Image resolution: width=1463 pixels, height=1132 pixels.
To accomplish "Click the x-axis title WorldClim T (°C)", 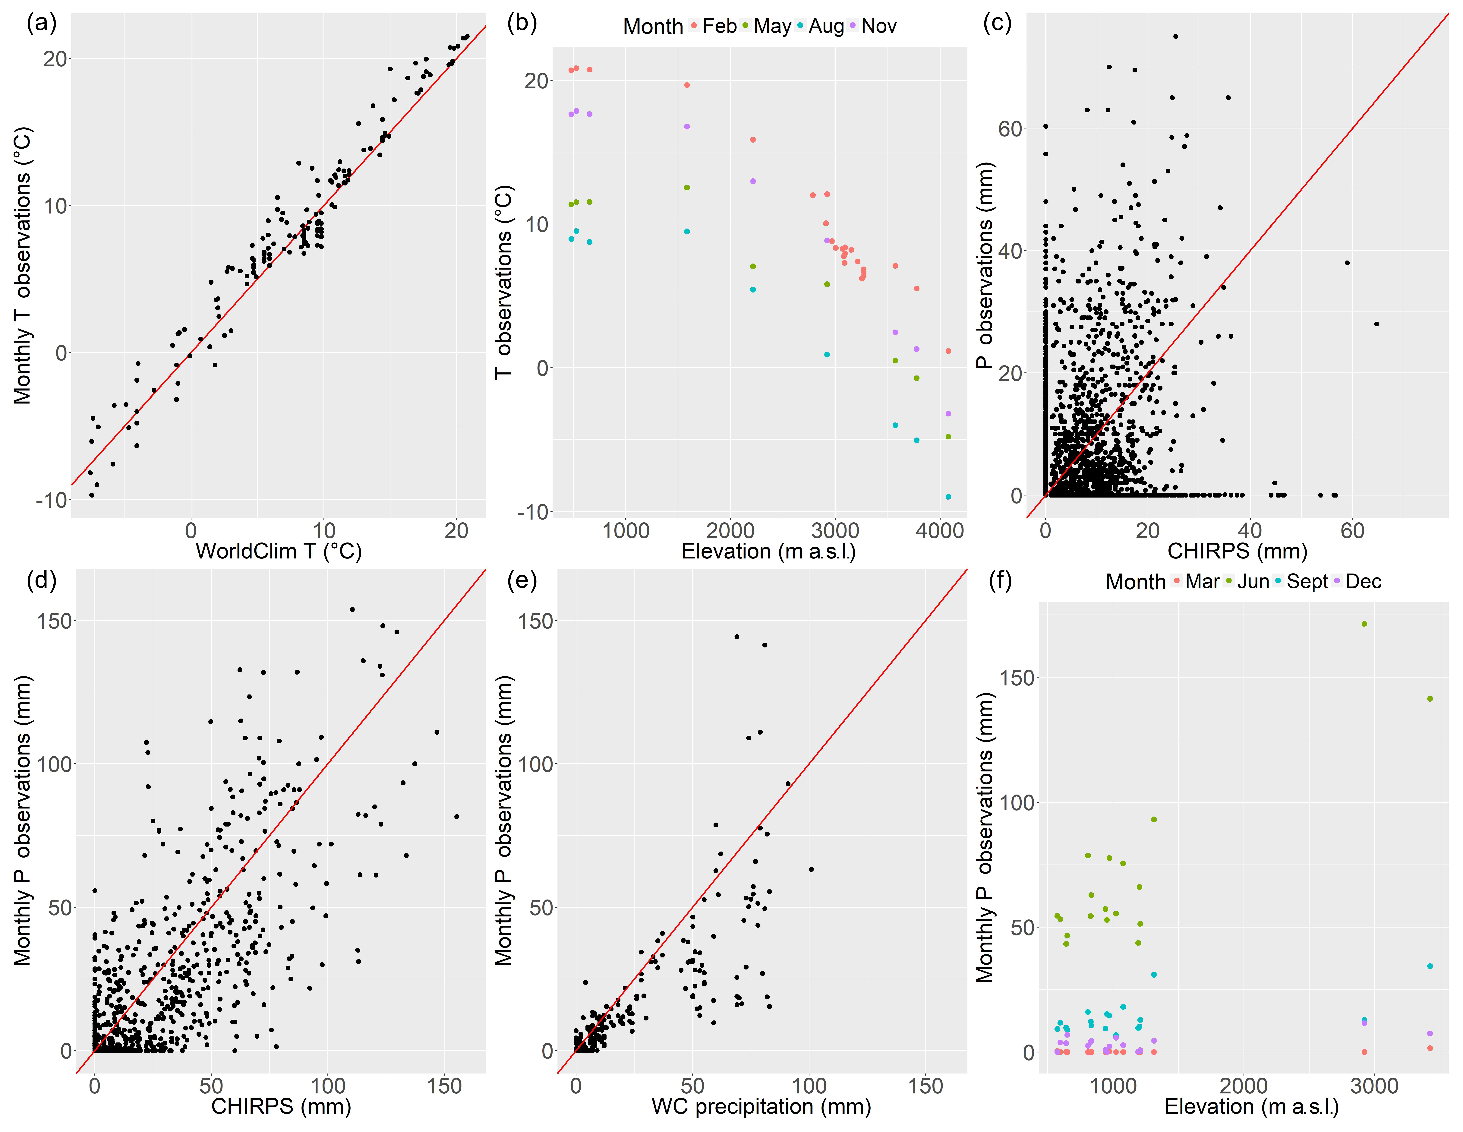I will coord(279,551).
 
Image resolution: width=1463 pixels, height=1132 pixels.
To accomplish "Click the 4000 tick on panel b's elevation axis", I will coord(940,531).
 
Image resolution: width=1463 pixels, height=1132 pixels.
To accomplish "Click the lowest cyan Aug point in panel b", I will coord(948,496).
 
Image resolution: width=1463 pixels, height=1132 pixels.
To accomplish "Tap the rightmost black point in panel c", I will coord(1376,324).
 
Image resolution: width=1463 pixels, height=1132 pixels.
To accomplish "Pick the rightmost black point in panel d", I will coord(456,817).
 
